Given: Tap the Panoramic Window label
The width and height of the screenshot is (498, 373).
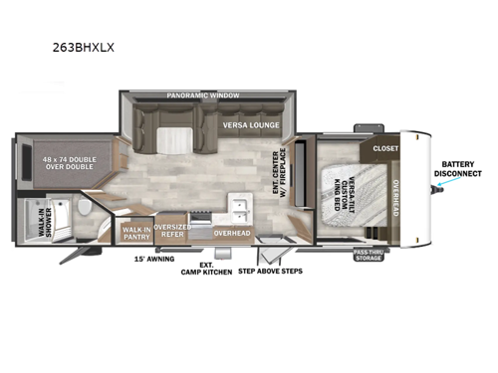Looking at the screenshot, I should tap(205, 95).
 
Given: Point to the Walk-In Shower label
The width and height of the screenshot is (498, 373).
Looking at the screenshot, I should tap(28, 218).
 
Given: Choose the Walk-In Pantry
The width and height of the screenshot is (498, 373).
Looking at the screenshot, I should tap(134, 233).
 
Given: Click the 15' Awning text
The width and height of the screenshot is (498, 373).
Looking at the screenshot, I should tap(154, 259).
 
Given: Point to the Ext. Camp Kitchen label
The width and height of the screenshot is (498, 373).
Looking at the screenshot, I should tap(205, 269).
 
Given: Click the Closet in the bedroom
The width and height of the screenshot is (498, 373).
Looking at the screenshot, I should tap(385, 148).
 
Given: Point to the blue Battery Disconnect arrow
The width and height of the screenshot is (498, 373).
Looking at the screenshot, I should tap(441, 194).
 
